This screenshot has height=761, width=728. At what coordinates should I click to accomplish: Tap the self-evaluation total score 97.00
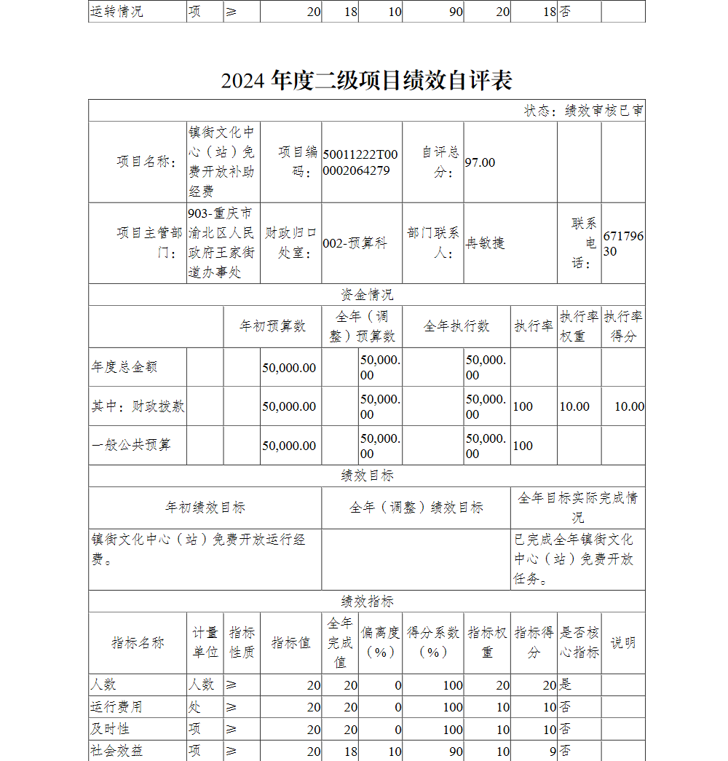pyautogui.click(x=480, y=162)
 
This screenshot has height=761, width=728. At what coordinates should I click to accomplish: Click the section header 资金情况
pyautogui.click(x=367, y=295)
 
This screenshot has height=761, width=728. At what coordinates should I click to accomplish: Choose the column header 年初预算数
pyautogui.click(x=273, y=326)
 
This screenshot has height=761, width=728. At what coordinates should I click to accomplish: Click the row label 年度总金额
pyautogui.click(x=124, y=368)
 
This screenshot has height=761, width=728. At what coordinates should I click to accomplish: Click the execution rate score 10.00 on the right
pyautogui.click(x=629, y=406)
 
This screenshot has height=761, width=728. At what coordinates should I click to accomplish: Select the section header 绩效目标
pyautogui.click(x=367, y=476)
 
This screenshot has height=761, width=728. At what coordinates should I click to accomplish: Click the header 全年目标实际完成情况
pyautogui.click(x=577, y=508)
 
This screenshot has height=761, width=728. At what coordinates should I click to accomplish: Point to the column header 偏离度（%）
pyautogui.click(x=380, y=642)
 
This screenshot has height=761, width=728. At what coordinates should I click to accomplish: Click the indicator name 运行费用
pyautogui.click(x=116, y=707)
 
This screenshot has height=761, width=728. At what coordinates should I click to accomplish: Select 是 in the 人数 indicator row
pyautogui.click(x=566, y=685)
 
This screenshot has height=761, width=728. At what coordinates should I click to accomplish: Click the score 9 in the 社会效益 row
pyautogui.click(x=553, y=751)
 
